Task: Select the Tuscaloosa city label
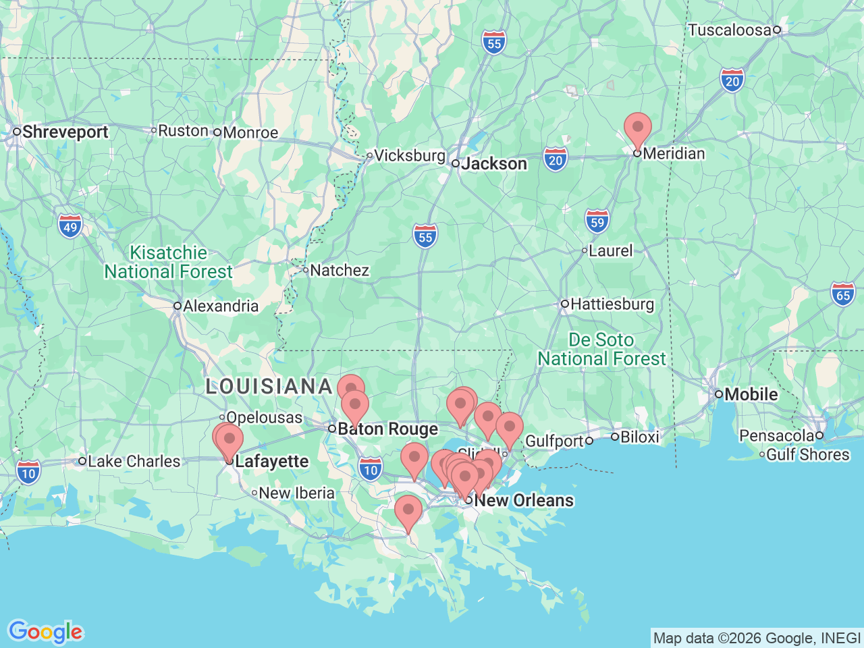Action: coord(729,30)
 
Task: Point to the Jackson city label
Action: coord(493,163)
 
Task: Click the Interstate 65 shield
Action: coord(843,294)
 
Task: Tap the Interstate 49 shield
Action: coord(70,227)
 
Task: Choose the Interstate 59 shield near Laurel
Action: coord(597,221)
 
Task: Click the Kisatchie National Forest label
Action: coord(168,262)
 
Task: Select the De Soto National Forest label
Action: coord(601,349)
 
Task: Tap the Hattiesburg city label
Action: coord(612,304)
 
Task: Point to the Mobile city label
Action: coord(751,394)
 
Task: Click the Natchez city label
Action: coord(339,270)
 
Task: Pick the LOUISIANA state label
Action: coord(269,386)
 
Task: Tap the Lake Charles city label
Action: coord(134,461)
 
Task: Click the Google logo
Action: coord(45,632)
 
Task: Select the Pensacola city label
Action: coord(776,435)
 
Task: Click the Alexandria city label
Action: coord(220,306)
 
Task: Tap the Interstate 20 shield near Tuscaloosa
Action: coord(732,81)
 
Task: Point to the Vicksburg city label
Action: coord(409,155)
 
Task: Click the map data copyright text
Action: coord(757,638)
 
